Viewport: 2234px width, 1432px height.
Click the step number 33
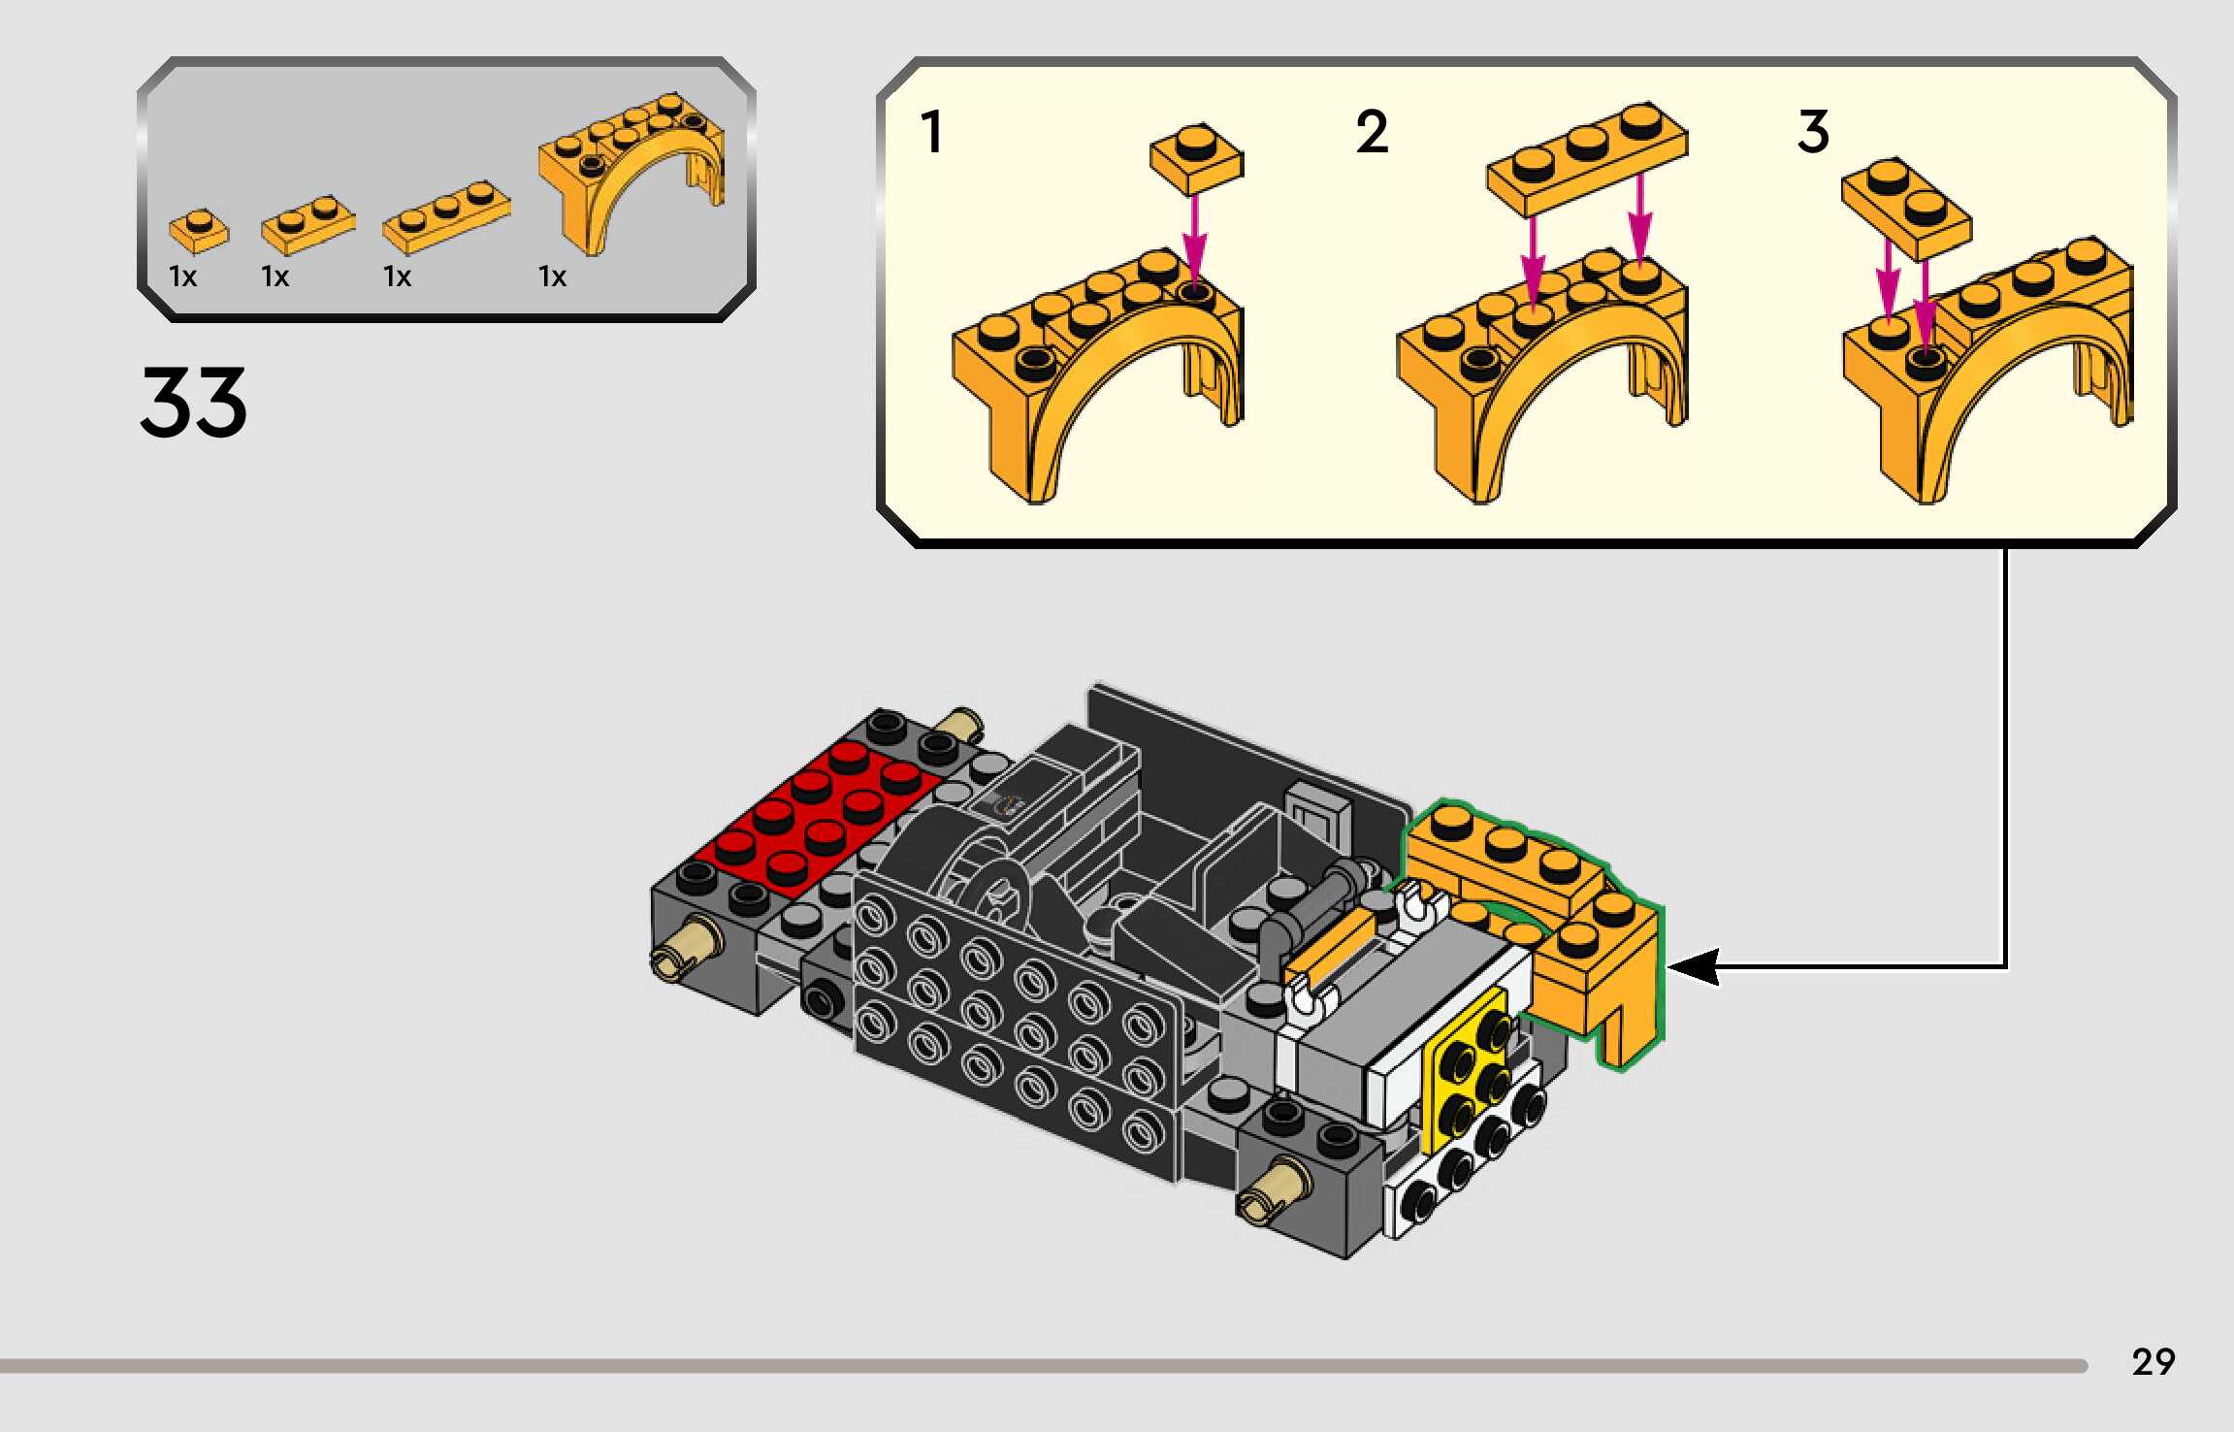tap(193, 402)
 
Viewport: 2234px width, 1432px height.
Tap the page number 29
tap(2153, 1362)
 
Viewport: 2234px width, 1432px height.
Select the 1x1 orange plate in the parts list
tap(199, 231)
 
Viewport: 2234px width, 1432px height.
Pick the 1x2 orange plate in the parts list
tap(308, 224)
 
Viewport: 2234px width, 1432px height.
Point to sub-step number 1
tap(932, 132)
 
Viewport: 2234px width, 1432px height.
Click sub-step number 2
tap(1372, 132)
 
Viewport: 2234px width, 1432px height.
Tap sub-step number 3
tap(1813, 132)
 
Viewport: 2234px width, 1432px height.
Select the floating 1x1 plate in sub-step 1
tap(1196, 159)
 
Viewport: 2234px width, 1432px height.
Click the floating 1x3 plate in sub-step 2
tap(1587, 157)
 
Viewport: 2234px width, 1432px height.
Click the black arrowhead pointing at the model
tap(1694, 966)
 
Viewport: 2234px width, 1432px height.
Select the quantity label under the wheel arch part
tap(552, 277)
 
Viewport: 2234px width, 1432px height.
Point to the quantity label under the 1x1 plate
tap(182, 277)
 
